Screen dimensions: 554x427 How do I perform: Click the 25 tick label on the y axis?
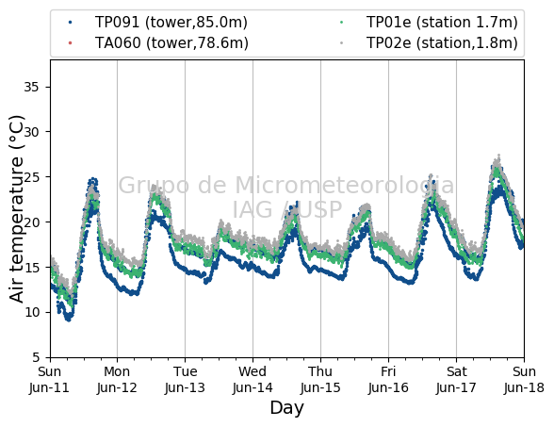[x=31, y=177]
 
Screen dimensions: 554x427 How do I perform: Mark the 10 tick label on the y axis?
[x=31, y=312]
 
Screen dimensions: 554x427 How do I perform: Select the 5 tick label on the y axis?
[x=36, y=357]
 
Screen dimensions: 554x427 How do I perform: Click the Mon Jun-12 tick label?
[x=117, y=380]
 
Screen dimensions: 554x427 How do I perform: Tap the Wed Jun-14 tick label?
[x=253, y=380]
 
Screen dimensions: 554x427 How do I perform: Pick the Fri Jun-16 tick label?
[x=388, y=380]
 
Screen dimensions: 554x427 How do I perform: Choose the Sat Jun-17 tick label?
[x=456, y=380]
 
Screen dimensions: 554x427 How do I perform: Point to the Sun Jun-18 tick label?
[x=524, y=380]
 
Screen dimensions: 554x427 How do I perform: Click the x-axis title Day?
[x=286, y=408]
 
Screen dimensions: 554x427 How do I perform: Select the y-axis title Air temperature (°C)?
[x=16, y=209]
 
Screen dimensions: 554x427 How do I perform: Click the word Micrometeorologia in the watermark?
[x=344, y=185]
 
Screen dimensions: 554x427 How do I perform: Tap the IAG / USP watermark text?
[x=286, y=209]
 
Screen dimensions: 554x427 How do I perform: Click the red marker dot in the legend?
[x=70, y=43]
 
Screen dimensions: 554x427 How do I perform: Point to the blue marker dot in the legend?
[x=70, y=23]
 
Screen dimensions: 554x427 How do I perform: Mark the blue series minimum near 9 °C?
[x=69, y=320]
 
